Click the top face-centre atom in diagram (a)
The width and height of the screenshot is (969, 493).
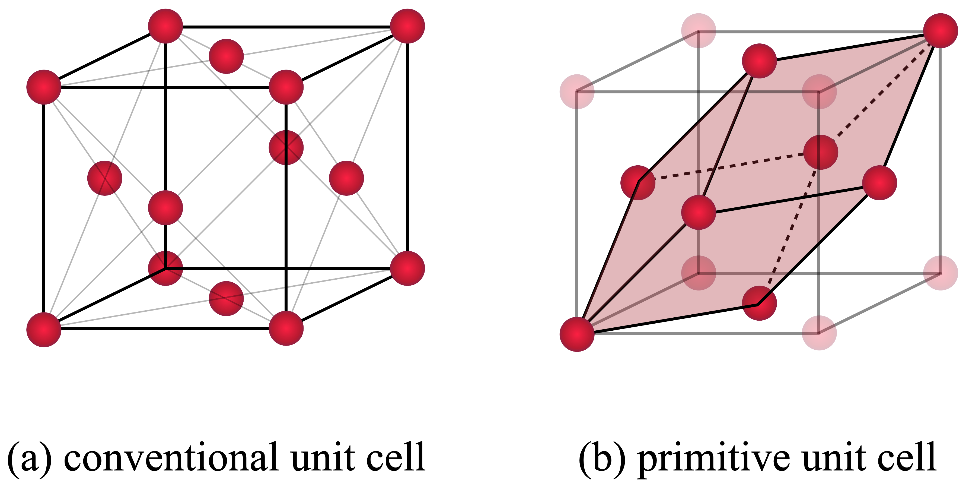226,56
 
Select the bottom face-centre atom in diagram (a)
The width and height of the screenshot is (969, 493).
226,298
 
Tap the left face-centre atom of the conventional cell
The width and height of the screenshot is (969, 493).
104,178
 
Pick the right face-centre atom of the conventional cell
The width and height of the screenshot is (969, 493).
346,178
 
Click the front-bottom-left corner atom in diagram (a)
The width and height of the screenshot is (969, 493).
44,329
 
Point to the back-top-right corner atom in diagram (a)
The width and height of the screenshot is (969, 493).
407,26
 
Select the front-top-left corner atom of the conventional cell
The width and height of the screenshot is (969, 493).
44,87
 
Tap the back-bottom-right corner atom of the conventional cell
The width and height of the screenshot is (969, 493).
407,268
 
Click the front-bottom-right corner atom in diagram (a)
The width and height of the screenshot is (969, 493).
286,328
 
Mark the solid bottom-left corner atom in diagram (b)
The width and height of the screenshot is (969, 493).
577,334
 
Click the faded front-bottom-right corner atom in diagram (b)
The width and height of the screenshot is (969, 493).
819,333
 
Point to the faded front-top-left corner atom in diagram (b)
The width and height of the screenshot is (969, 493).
577,91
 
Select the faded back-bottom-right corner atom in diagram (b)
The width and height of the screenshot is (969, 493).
941,273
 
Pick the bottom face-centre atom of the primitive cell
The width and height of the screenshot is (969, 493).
759,303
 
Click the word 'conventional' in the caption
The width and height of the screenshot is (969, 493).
171,457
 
